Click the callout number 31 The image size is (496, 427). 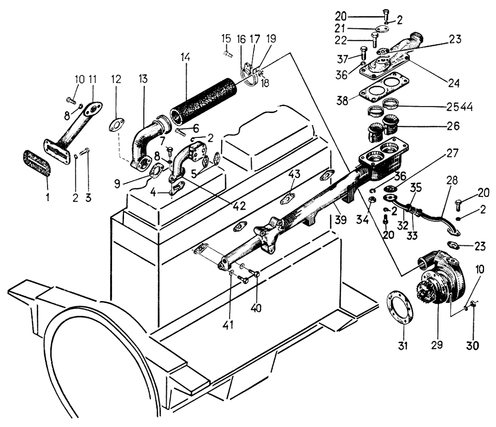pos(403,346)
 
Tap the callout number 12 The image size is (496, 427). pos(116,79)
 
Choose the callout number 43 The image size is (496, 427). pos(294,175)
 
